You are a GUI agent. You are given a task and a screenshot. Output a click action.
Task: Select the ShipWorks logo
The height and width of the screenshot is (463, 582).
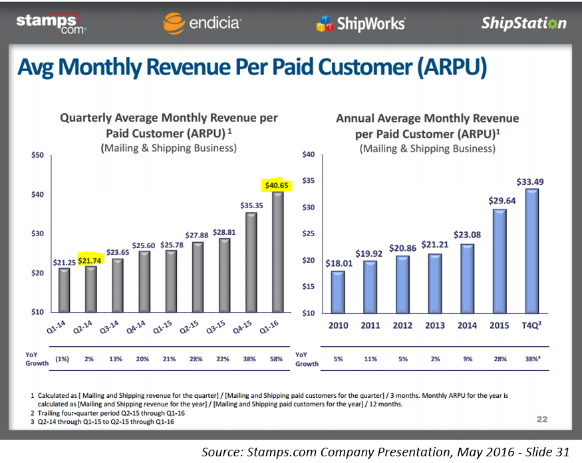pos(361,24)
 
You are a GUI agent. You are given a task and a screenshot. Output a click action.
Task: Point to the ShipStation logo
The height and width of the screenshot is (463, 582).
pos(523,23)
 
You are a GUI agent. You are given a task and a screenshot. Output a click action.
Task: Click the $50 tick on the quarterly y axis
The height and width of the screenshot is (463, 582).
pos(37,156)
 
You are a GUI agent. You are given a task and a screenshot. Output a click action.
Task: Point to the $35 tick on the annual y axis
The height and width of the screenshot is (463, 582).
pos(307,181)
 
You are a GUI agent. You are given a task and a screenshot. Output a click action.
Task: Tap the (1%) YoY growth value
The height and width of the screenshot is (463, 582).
pos(64,359)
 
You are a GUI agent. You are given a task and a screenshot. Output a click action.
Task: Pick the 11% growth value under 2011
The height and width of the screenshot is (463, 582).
pos(370,359)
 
